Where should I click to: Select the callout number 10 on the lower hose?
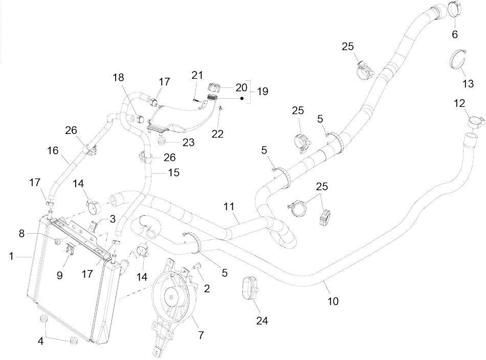click(x=333, y=301)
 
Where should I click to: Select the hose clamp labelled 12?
click(x=475, y=122)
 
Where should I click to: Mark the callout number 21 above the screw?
click(x=197, y=76)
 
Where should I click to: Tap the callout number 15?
click(x=174, y=173)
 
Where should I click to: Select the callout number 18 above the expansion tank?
click(x=118, y=77)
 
